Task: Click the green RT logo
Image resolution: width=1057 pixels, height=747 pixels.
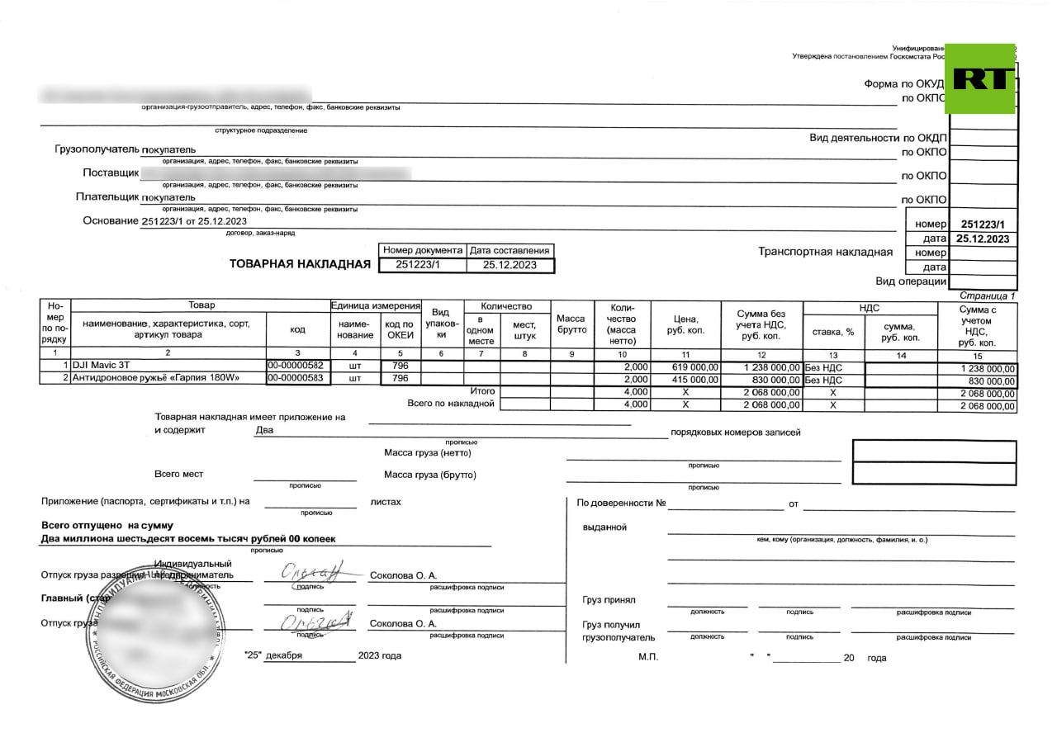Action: (979, 78)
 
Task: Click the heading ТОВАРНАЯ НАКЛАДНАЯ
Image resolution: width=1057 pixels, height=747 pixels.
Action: (300, 264)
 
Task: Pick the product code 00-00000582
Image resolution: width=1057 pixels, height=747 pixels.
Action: (297, 366)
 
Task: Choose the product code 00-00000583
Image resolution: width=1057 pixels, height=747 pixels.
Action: (297, 379)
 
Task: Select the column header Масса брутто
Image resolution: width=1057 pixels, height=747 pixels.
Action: (571, 324)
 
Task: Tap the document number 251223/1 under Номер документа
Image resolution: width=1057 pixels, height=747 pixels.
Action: (419, 265)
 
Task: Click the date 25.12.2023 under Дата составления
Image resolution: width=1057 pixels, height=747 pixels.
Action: (510, 265)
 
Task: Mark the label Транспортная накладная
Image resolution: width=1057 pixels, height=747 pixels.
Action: (825, 252)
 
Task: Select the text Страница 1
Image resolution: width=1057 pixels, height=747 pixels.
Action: (988, 295)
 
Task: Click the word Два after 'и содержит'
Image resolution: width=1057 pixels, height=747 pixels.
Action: (264, 430)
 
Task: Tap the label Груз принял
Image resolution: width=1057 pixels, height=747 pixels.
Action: (609, 600)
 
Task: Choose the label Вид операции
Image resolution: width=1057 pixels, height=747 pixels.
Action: (911, 281)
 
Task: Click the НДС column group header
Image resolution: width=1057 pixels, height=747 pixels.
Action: (870, 308)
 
